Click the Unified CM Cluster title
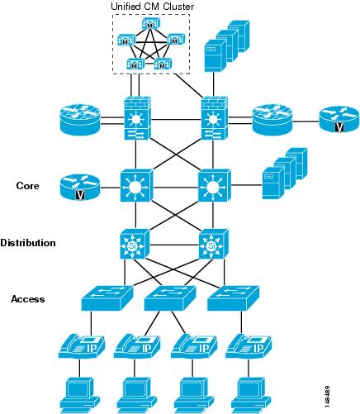pyautogui.click(x=152, y=7)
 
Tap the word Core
pyautogui.click(x=27, y=186)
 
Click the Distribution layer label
pyautogui.click(x=28, y=243)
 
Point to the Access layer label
pyautogui.click(x=28, y=299)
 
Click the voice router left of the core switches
pyautogui.click(x=80, y=187)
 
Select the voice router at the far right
pyautogui.click(x=339, y=119)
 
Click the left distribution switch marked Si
pyautogui.click(x=135, y=244)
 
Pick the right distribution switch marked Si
pyautogui.click(x=213, y=244)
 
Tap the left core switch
pyautogui.click(x=136, y=186)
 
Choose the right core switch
pyautogui.click(x=215, y=186)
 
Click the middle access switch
pyautogui.click(x=170, y=297)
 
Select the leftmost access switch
pyautogui.click(x=107, y=297)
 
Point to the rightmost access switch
pyautogui.click(x=233, y=297)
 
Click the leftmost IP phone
pyautogui.click(x=82, y=346)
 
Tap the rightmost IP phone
pyautogui.click(x=249, y=346)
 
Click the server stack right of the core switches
pyautogui.click(x=284, y=174)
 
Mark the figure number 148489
pyautogui.click(x=327, y=397)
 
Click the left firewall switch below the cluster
pyautogui.click(x=137, y=118)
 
